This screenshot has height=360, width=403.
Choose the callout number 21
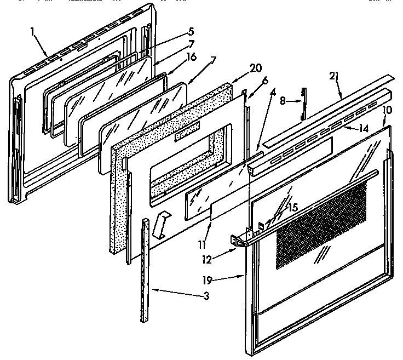coord(333,77)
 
